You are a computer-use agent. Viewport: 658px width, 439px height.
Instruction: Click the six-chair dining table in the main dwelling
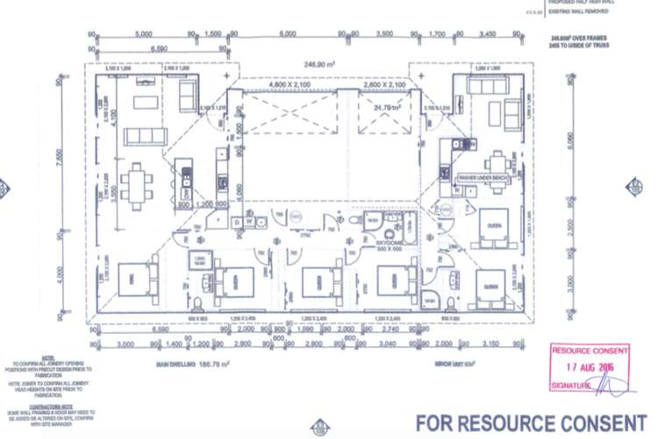point(137,184)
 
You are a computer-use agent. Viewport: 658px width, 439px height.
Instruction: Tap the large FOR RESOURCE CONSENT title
point(530,421)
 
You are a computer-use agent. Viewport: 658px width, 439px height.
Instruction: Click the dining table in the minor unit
point(497,162)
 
